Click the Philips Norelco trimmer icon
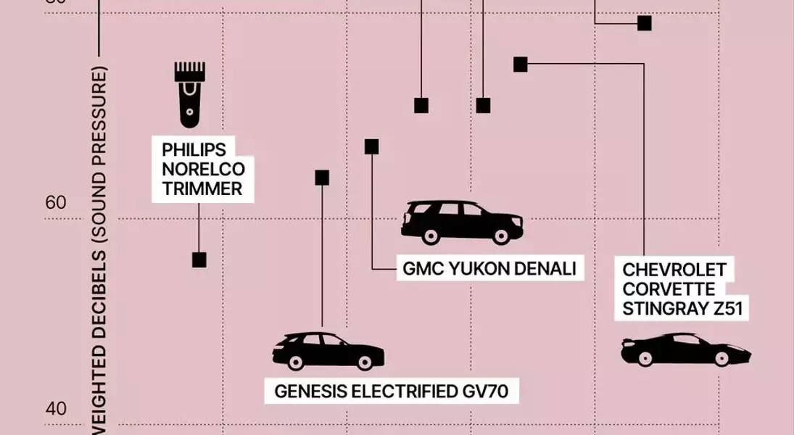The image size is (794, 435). pyautogui.click(x=190, y=94)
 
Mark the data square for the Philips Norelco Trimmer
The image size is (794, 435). pyautogui.click(x=199, y=260)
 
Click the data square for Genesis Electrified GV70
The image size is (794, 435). pyautogui.click(x=322, y=178)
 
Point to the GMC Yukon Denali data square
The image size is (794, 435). pyautogui.click(x=372, y=146)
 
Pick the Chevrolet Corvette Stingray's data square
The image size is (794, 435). pyautogui.click(x=521, y=65)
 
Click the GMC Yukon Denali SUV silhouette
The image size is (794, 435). pyautogui.click(x=462, y=222)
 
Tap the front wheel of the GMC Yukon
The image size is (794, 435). pyautogui.click(x=500, y=236)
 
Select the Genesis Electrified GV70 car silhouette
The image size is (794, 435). pyautogui.click(x=328, y=351)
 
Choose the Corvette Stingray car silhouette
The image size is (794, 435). pyautogui.click(x=685, y=349)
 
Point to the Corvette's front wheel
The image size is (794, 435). pyautogui.click(x=721, y=358)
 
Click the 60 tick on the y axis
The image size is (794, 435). pyautogui.click(x=56, y=203)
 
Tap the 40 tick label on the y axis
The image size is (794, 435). pyautogui.click(x=56, y=409)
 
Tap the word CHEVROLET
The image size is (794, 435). pyautogui.click(x=674, y=270)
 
